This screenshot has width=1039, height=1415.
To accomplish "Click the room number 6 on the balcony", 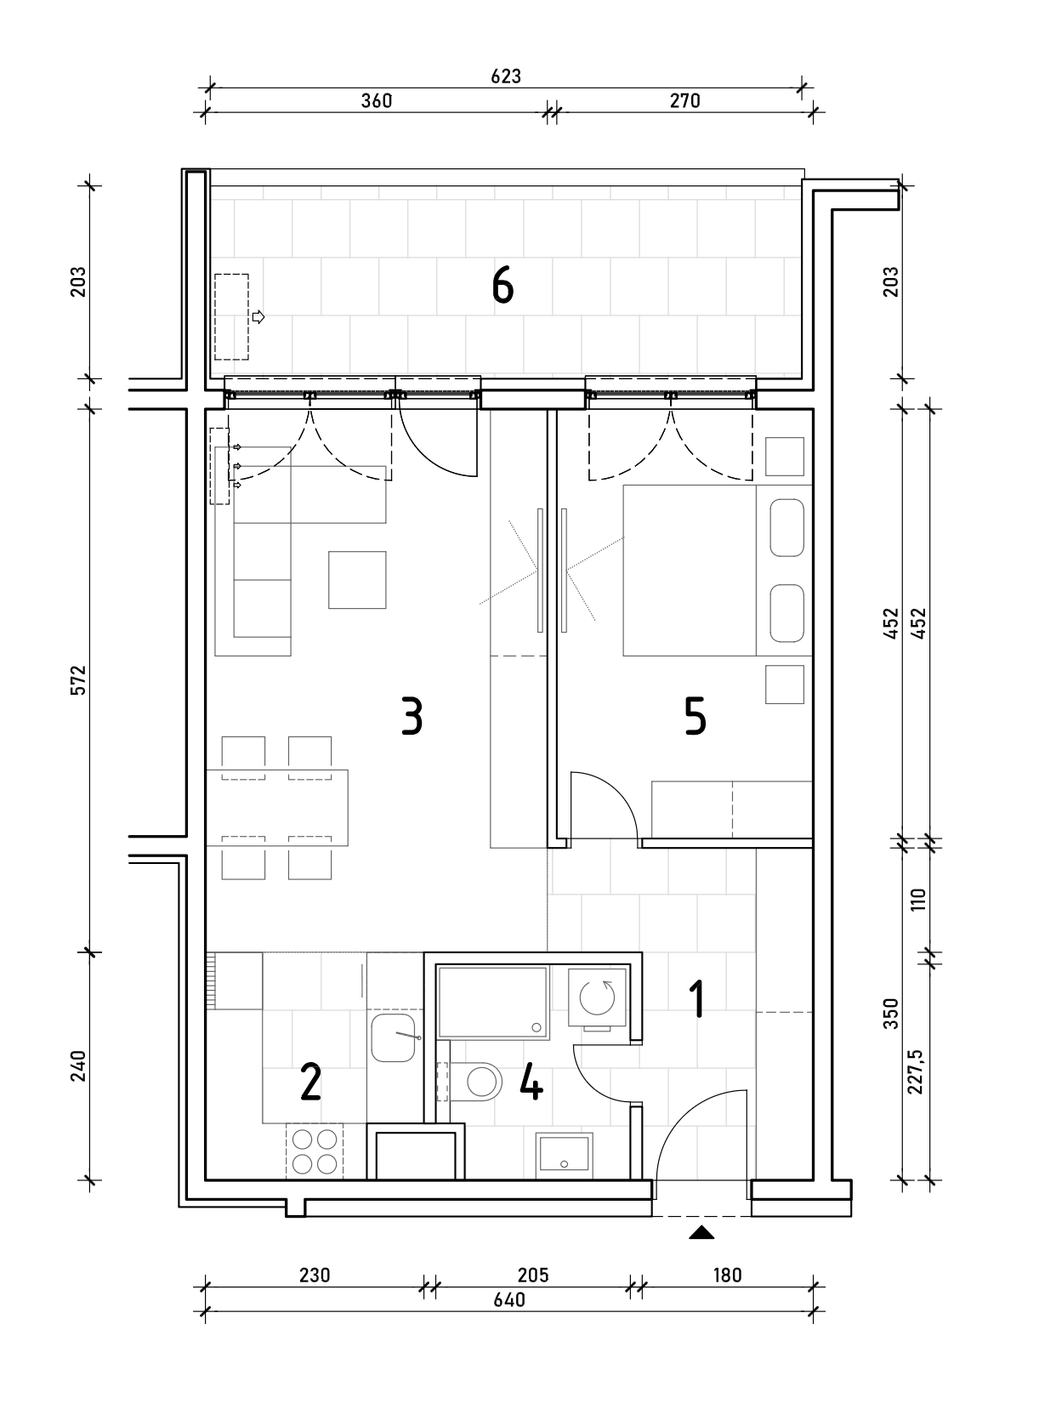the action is pyautogui.click(x=502, y=285).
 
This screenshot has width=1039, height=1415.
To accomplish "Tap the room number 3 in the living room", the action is pyautogui.click(x=412, y=716).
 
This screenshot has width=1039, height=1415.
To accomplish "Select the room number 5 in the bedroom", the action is pyautogui.click(x=695, y=716).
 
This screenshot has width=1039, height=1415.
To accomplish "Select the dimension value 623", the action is pyautogui.click(x=506, y=77).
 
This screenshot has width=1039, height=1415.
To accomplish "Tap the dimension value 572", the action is pyautogui.click(x=77, y=679).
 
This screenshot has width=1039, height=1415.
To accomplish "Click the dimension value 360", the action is pyautogui.click(x=377, y=101).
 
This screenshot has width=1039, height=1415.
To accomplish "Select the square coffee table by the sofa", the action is pyautogui.click(x=357, y=580).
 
